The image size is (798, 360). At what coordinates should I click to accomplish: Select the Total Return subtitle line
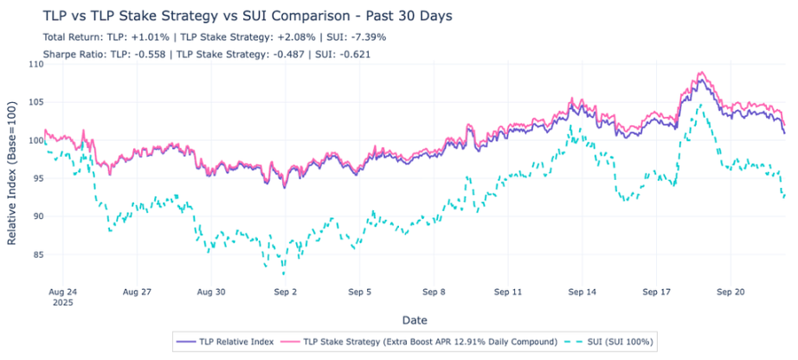214,37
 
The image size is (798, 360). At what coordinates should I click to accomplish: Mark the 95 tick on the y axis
35,178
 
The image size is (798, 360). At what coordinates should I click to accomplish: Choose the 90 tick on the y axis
35,216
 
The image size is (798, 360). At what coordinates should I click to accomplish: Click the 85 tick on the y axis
35,254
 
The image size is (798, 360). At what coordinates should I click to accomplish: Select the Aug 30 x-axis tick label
212,292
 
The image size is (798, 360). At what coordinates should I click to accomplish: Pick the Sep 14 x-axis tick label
582,292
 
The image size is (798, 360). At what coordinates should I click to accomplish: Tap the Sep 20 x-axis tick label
730,292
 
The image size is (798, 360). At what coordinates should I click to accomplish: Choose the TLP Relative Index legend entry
223,342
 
